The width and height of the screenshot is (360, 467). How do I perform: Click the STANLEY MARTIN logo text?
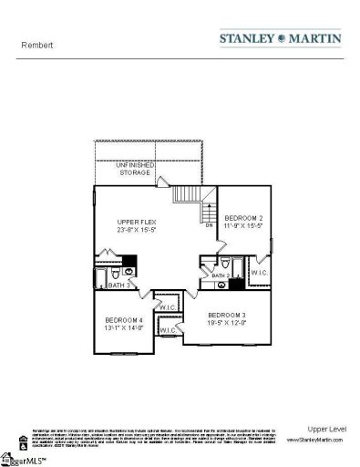[x=281, y=39]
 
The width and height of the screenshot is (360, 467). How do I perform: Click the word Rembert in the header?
[x=33, y=43]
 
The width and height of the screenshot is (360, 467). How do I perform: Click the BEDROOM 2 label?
[x=243, y=217]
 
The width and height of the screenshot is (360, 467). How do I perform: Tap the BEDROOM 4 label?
[x=123, y=319]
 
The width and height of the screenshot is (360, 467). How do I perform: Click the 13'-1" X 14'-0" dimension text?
[x=123, y=328]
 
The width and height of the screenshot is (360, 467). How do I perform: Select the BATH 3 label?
[x=107, y=285]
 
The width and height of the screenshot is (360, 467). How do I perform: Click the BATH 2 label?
[x=219, y=275]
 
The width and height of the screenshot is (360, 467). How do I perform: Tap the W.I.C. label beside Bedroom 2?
[x=258, y=272]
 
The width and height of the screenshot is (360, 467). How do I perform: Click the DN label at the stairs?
[x=208, y=224]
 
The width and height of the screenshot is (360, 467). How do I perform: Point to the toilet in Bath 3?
[x=130, y=271]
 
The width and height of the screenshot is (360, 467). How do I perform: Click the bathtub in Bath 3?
[x=102, y=272]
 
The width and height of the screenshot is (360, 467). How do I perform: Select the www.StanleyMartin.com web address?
[x=315, y=439]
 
